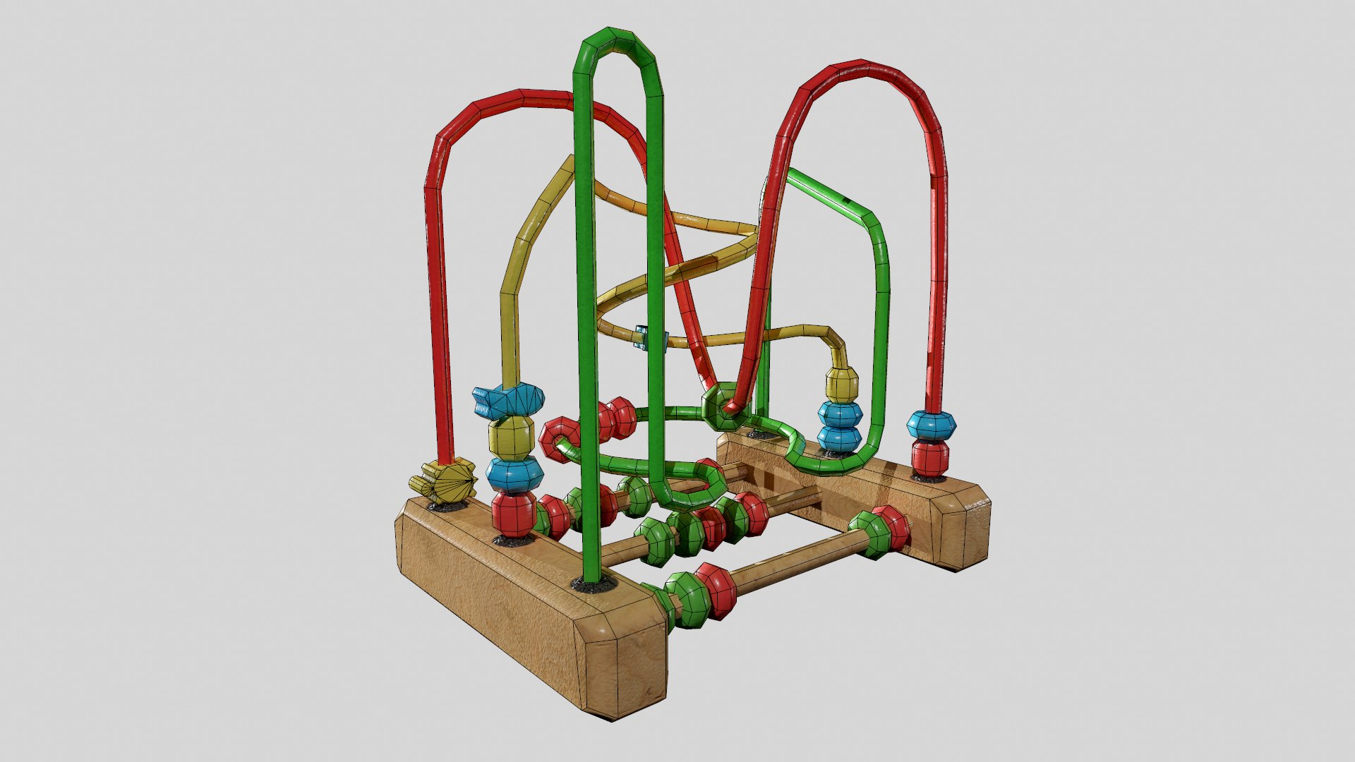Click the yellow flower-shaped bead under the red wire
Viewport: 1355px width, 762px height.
click(x=443, y=483)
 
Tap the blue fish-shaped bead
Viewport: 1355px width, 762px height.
click(x=509, y=399)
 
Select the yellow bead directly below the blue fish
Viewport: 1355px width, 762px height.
click(x=511, y=437)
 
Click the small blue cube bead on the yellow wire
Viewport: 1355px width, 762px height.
click(x=642, y=337)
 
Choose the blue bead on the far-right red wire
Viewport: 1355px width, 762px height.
click(x=932, y=425)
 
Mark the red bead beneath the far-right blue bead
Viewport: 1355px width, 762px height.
click(x=930, y=457)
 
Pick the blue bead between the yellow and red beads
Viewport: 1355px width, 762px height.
click(x=514, y=474)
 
